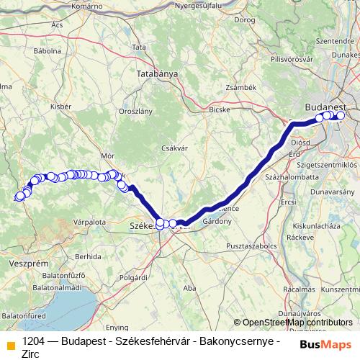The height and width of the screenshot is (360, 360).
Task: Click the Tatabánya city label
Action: (x=157, y=73)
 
